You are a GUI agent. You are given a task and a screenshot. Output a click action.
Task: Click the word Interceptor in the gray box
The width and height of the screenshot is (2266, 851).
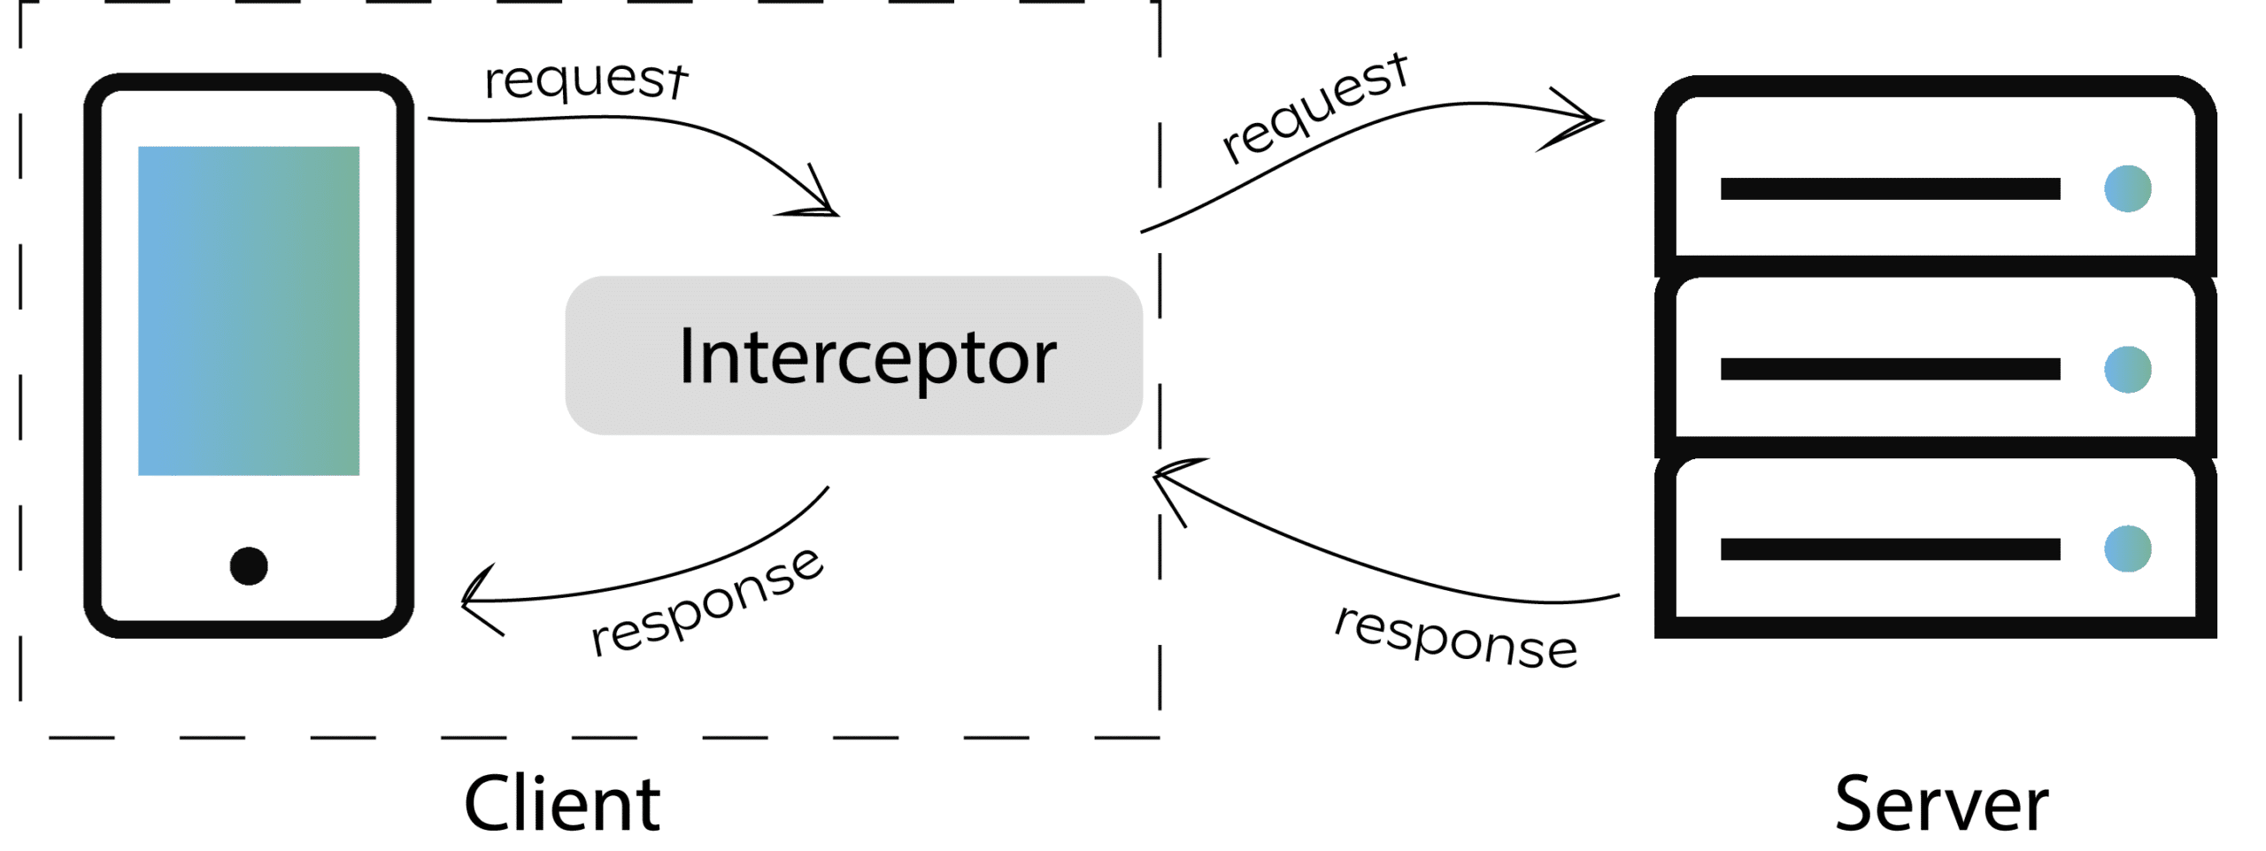pos(867,356)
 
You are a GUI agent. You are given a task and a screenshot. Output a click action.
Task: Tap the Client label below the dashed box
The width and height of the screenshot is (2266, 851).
pos(562,803)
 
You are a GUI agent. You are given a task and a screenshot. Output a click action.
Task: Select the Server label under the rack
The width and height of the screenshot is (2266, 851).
pos(1942,803)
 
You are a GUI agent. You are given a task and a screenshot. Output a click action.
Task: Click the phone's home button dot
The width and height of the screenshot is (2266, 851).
pos(249,566)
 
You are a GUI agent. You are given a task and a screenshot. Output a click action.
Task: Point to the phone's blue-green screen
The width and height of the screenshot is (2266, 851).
pos(249,310)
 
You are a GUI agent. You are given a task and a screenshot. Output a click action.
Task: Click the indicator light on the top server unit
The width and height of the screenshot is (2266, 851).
pos(2127,188)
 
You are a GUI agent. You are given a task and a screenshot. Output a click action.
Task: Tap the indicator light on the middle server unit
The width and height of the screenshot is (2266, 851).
pos(2127,369)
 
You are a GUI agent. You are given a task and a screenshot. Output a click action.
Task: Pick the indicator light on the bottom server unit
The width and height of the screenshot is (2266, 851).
pos(2127,548)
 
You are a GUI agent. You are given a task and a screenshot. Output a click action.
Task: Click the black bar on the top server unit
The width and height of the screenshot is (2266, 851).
pos(1890,188)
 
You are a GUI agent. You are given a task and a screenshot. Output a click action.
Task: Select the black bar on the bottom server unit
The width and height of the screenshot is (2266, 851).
pos(1890,548)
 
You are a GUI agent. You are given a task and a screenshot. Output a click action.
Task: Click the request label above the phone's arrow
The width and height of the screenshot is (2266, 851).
pos(585,80)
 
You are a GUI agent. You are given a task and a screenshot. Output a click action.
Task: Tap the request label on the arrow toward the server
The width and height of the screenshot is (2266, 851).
pos(1314,108)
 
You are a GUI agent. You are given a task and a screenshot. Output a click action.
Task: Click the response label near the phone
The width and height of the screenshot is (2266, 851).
pos(706,602)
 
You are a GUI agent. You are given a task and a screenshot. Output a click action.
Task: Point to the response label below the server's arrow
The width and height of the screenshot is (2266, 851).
pos(1456,637)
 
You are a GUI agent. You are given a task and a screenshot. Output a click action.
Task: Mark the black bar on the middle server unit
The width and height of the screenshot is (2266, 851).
pos(1890,369)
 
